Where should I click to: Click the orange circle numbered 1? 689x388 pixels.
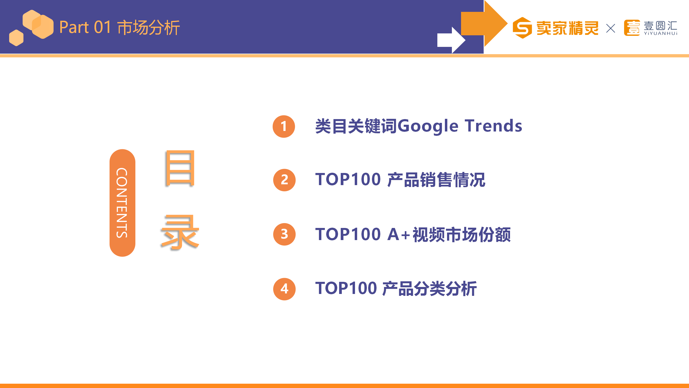pos(284,126)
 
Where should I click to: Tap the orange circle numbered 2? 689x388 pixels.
pos(284,180)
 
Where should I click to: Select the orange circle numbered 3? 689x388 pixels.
pos(284,234)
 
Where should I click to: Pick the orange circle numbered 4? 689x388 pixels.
pos(284,289)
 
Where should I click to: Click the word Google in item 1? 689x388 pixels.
pos(428,126)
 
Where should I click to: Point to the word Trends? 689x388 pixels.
pos(494,126)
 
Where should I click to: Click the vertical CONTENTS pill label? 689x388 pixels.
pos(122,203)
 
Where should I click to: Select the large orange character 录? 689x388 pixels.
pos(180,232)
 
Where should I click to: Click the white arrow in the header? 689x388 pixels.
pos(451,40)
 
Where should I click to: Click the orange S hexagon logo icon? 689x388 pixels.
pos(522,28)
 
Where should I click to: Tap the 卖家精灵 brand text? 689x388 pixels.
pos(567,28)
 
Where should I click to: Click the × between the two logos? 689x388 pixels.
pos(611,28)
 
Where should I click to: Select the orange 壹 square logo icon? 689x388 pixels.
pos(632,28)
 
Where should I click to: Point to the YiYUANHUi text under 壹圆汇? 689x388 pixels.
pos(660,33)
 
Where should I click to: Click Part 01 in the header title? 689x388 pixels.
pos(85,27)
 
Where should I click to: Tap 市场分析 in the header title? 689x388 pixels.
pos(149,27)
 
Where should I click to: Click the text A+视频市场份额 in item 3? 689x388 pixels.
pos(449,234)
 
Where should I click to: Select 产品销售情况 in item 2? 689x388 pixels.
pos(436,180)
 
